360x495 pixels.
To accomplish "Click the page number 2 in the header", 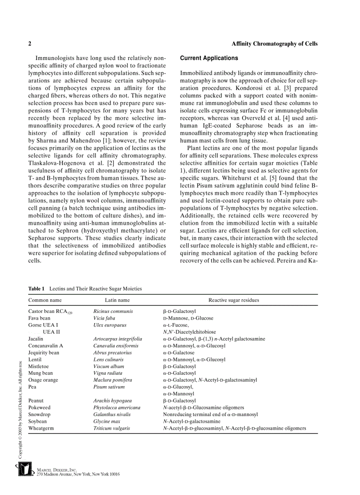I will point(30,44).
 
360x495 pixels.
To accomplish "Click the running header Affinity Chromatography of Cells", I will point(274,44).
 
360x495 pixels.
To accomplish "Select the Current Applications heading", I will point(209,58).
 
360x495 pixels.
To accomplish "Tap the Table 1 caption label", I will point(37,289).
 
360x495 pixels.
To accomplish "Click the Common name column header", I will point(45,300).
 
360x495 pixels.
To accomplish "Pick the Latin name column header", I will point(117,300).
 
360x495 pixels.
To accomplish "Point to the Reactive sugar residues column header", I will point(233,300).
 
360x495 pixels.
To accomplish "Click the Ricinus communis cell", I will point(113,311).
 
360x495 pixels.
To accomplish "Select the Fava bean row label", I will point(39,318).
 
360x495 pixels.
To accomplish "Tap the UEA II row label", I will point(51,332).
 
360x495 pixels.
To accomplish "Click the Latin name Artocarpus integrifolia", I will point(118,339).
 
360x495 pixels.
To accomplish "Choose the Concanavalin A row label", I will point(45,346).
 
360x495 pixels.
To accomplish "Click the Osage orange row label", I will point(43,380).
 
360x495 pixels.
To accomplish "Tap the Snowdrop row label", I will point(39,414).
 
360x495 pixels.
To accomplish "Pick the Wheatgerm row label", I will point(41,428).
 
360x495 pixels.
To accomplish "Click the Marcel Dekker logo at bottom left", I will point(25,470).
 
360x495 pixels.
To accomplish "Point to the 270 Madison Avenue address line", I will point(78,474).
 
